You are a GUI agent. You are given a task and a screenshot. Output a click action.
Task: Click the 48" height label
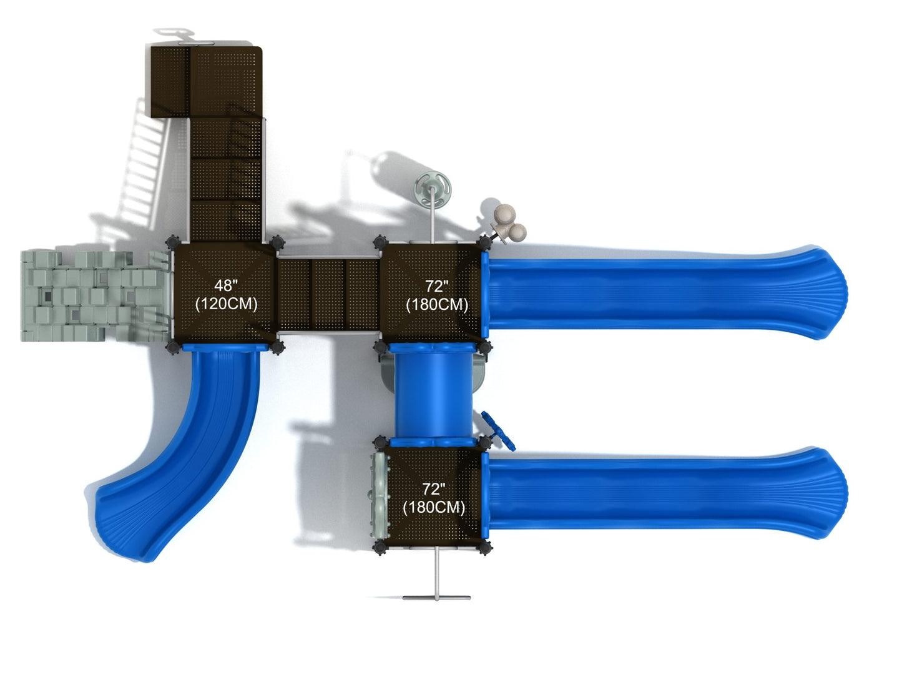click(x=225, y=285)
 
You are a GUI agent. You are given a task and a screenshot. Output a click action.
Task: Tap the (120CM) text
click(x=226, y=304)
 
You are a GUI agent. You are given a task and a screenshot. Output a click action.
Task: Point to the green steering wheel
click(x=433, y=190)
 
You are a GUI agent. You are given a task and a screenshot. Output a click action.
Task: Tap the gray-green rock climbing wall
click(x=95, y=296)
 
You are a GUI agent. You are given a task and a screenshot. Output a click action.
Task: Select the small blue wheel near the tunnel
click(x=499, y=431)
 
